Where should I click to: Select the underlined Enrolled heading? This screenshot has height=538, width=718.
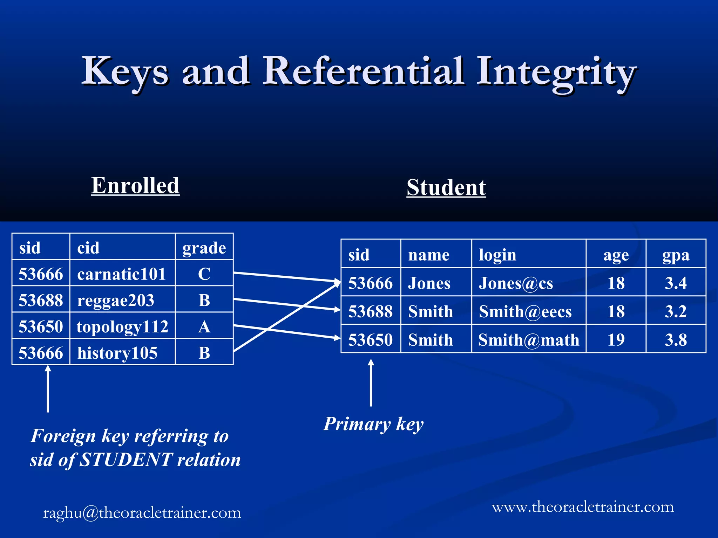(135, 185)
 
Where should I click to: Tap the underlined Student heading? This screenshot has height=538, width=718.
(446, 187)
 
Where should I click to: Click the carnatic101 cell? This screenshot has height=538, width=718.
(122, 274)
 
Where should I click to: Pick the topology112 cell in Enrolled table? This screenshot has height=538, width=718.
(122, 326)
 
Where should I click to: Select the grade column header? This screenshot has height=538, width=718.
(204, 248)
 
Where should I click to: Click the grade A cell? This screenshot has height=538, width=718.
(204, 326)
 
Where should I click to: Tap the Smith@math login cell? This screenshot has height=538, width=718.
(528, 340)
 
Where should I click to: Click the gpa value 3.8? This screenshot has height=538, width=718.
(676, 340)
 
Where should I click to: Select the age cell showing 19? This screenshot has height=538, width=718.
(616, 340)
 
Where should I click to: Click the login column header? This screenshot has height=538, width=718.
(497, 255)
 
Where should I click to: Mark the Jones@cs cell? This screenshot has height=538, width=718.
(516, 283)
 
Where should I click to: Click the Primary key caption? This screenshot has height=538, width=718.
(373, 424)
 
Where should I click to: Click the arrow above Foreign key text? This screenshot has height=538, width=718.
(48, 389)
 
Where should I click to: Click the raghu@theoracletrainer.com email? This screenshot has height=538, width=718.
(142, 513)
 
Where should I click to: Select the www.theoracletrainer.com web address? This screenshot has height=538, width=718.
(583, 507)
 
